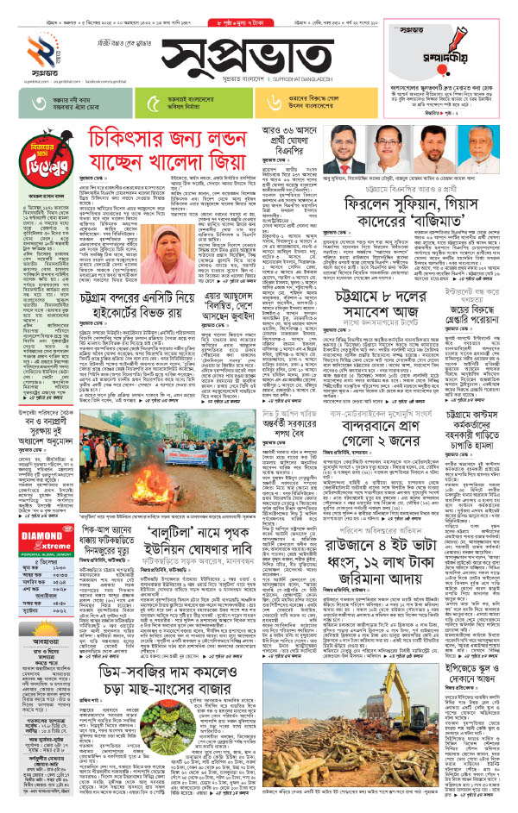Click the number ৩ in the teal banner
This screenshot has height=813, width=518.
click(x=36, y=103)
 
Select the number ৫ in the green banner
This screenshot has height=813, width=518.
click(x=154, y=103)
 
